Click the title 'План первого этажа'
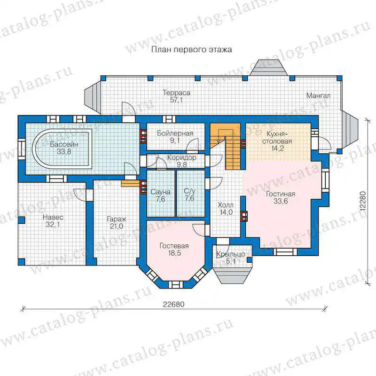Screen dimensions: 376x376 [192, 50]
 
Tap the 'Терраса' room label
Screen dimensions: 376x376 [177, 93]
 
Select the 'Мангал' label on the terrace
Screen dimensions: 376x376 [319, 96]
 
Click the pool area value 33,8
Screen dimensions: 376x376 [64, 151]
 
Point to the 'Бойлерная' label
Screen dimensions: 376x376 [175, 133]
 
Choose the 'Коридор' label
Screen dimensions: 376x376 [181, 157]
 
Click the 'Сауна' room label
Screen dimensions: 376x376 [160, 192]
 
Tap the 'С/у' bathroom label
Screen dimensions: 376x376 [189, 191]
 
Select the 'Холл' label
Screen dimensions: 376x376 [226, 205]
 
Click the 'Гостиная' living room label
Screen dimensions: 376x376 [281, 194]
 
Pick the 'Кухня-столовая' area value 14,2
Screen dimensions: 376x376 [277, 149]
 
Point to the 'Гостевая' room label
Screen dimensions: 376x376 [174, 246]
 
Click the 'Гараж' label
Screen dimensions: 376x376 [117, 219]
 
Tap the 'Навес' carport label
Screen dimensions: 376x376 [53, 217]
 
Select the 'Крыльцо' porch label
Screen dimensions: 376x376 [231, 254]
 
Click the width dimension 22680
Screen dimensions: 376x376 [174, 304]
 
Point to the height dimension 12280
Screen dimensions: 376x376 [363, 201]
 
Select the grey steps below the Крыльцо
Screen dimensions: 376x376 [233, 276]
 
